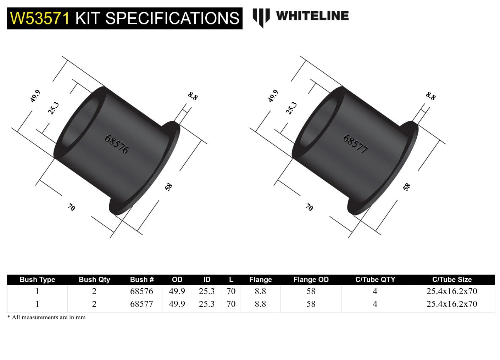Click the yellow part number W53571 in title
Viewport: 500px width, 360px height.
(x=40, y=18)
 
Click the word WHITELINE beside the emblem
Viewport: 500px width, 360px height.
(x=312, y=16)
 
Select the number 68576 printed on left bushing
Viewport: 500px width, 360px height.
(x=117, y=144)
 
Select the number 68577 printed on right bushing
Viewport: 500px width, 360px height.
(x=355, y=144)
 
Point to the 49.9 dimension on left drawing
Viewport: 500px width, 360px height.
(x=35, y=96)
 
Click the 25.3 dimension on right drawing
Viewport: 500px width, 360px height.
(x=291, y=108)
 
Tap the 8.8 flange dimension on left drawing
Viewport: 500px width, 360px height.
(x=193, y=96)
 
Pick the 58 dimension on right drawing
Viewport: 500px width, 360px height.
(x=407, y=187)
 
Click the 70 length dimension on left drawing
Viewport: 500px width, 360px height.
(x=71, y=207)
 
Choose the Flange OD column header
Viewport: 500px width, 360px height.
(x=311, y=280)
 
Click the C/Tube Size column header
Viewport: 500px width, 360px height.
(x=452, y=280)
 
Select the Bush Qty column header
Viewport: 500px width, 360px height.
(x=94, y=280)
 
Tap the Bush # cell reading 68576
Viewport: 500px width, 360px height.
(x=141, y=291)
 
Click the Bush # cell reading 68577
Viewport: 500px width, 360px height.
(x=141, y=304)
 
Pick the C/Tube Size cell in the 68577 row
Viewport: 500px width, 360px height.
(x=452, y=304)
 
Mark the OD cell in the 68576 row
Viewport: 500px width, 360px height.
(x=177, y=291)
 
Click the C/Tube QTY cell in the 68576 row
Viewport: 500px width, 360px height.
(x=375, y=291)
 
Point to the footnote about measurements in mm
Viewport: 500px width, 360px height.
(x=46, y=317)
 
